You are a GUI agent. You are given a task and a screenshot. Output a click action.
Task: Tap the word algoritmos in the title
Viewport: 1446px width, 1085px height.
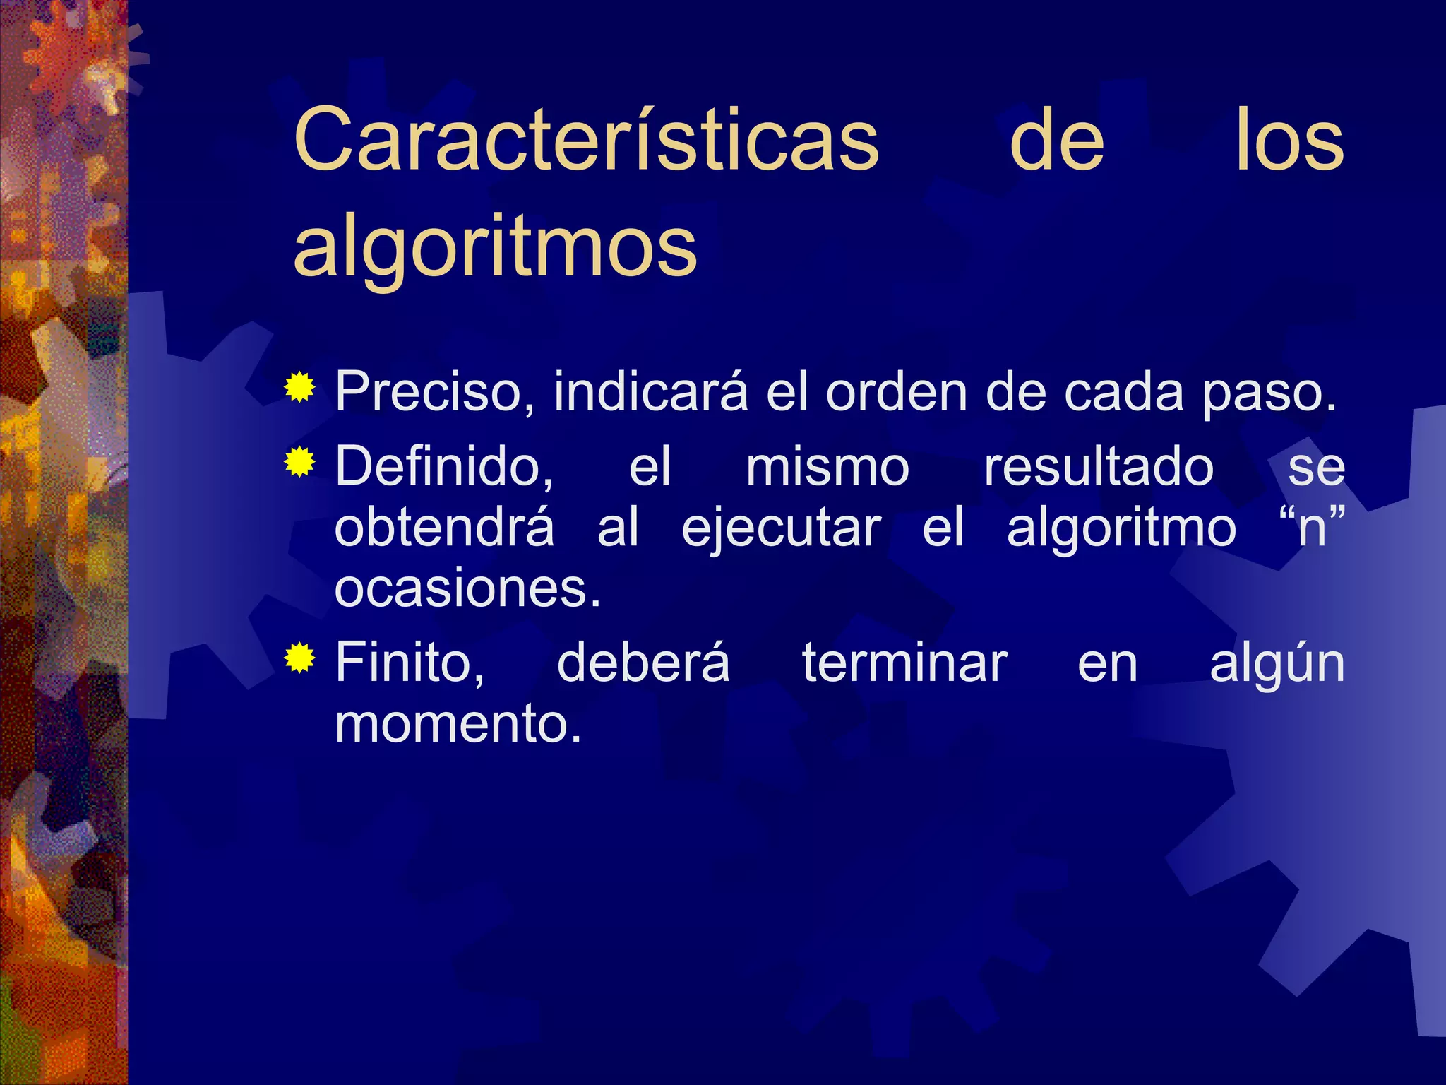495,247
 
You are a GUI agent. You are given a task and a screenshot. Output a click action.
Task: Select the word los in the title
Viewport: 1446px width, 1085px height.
1289,141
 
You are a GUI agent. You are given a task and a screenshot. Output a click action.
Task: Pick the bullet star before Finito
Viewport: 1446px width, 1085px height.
300,658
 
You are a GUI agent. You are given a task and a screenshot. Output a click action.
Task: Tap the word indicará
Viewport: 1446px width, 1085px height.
650,391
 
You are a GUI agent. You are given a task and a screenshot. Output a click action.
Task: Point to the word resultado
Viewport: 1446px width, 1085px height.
1099,467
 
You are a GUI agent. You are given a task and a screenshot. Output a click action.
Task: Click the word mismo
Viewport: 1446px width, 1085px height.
827,467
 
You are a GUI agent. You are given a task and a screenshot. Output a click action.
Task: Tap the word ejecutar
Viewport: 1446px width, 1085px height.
781,529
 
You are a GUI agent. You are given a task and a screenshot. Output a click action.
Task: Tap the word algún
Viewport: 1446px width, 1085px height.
1277,665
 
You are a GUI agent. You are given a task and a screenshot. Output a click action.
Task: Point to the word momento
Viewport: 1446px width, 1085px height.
458,723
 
